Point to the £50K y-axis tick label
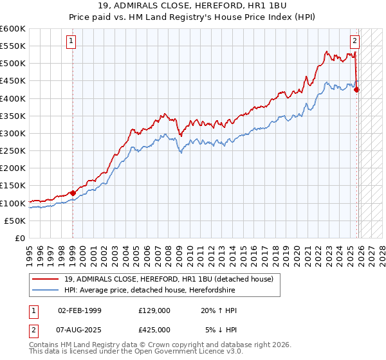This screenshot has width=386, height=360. click(x=15, y=221)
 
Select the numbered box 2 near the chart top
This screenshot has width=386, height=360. click(x=354, y=40)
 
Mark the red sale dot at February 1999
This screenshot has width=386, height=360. click(x=73, y=192)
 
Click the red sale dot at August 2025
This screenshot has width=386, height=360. click(x=357, y=90)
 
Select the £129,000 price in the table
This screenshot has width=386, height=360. click(x=154, y=310)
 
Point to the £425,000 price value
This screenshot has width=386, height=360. click(x=154, y=330)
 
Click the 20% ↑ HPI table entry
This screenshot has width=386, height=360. click(x=219, y=310)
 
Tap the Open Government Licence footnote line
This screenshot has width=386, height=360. click(x=136, y=353)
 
